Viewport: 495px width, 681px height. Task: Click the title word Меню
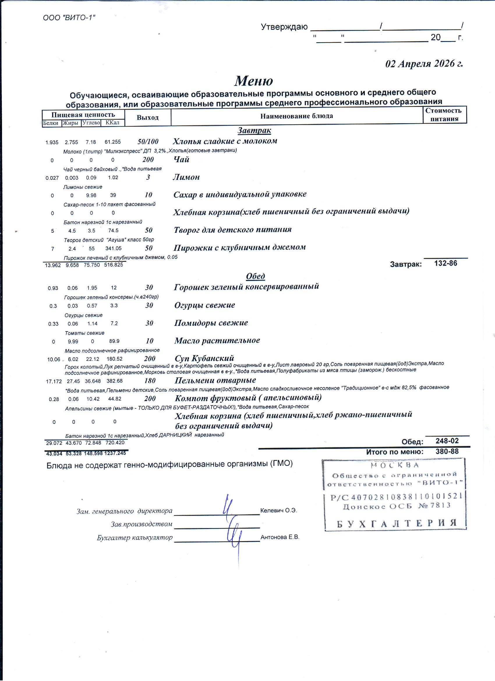click(254, 80)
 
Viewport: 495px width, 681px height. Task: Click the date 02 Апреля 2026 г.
click(424, 64)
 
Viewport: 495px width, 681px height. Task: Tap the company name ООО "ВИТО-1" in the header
click(69, 18)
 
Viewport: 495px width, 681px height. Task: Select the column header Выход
click(147, 117)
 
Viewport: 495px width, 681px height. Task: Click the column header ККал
click(112, 123)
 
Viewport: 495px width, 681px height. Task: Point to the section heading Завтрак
click(254, 130)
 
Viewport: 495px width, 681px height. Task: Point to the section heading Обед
click(255, 276)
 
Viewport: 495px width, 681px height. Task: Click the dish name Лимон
click(186, 177)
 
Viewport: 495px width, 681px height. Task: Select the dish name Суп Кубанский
click(204, 358)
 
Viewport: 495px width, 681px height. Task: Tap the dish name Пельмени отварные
click(215, 380)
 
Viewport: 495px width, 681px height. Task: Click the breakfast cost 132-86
click(446, 263)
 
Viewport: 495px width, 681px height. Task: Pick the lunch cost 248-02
click(447, 441)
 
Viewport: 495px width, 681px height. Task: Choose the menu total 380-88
click(447, 451)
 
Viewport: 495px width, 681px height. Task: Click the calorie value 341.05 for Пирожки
click(113, 248)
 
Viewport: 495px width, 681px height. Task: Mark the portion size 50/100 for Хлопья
click(148, 142)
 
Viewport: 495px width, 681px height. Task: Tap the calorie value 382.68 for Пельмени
click(114, 381)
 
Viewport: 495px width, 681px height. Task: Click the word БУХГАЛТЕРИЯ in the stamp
click(397, 524)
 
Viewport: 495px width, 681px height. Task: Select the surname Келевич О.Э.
click(278, 510)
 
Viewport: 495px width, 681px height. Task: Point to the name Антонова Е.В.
click(280, 537)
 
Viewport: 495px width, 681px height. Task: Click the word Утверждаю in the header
click(284, 27)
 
